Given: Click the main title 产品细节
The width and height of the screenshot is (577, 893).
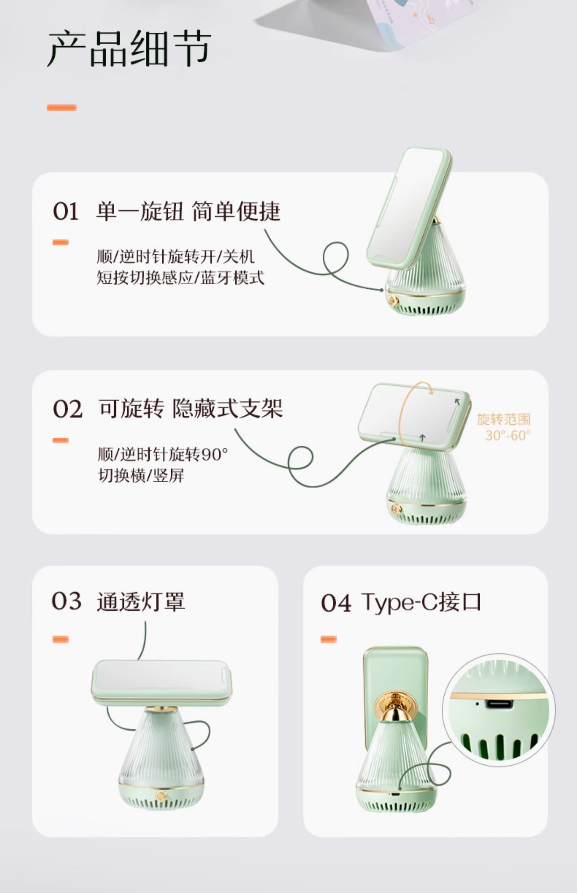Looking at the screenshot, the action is [x=129, y=50].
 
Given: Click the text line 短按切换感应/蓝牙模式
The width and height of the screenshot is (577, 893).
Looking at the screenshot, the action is [x=180, y=277].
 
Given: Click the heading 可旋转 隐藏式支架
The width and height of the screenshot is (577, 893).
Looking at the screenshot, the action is [x=191, y=408].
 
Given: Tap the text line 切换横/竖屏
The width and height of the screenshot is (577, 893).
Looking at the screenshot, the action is [x=141, y=476].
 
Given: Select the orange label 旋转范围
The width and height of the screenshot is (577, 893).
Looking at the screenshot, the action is [x=504, y=419].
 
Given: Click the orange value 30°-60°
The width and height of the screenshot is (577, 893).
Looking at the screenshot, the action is [x=508, y=435].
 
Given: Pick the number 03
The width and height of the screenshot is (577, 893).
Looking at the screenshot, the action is [x=67, y=601].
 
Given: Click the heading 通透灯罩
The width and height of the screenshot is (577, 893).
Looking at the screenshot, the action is [x=141, y=601].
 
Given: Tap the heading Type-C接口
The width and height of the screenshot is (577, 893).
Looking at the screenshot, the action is [x=421, y=602].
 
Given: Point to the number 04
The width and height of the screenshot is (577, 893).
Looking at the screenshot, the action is [x=336, y=603].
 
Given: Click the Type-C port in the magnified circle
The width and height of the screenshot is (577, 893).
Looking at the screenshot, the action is [x=499, y=704].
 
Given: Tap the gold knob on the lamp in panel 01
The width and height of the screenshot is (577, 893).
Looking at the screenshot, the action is [x=393, y=300].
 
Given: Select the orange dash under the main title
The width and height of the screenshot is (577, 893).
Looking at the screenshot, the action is [x=62, y=108].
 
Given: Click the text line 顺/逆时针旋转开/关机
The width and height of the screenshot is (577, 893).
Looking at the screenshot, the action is [x=175, y=256].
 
